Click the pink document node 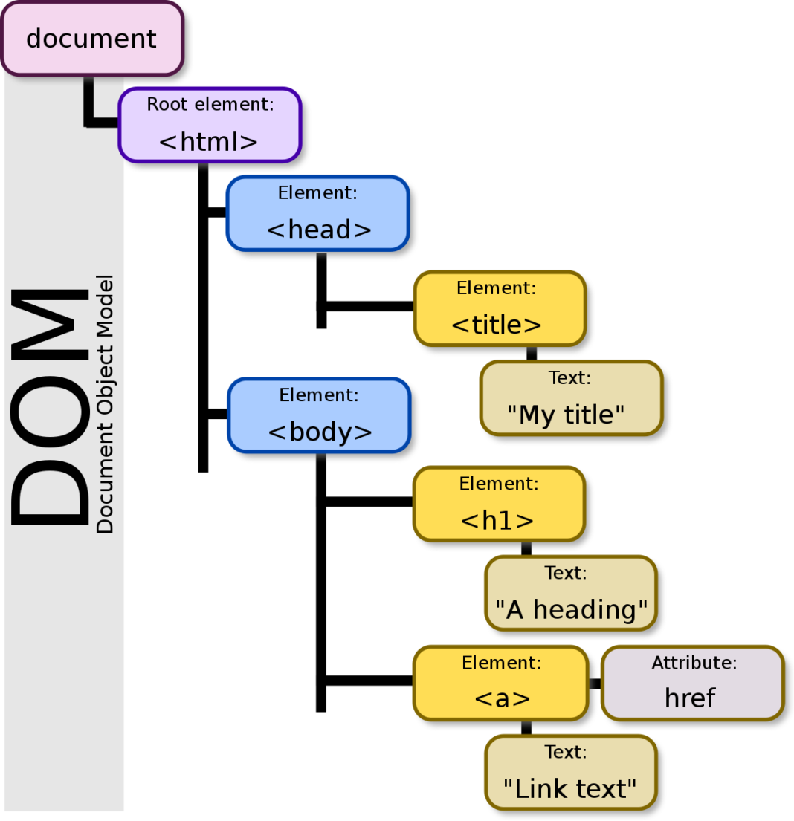click(91, 39)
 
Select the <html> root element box click(209, 125)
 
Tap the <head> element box click(318, 213)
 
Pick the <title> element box click(500, 308)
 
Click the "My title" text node click(570, 398)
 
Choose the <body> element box click(319, 415)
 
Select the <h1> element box click(500, 504)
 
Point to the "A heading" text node click(570, 593)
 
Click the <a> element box click(501, 683)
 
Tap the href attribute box click(692, 683)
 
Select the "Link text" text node click(570, 773)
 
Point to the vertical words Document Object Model click(106, 405)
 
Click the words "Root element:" click(210, 104)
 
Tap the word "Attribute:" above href click(694, 663)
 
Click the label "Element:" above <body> click(319, 395)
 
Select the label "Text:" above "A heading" click(566, 573)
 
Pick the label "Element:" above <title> click(496, 288)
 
